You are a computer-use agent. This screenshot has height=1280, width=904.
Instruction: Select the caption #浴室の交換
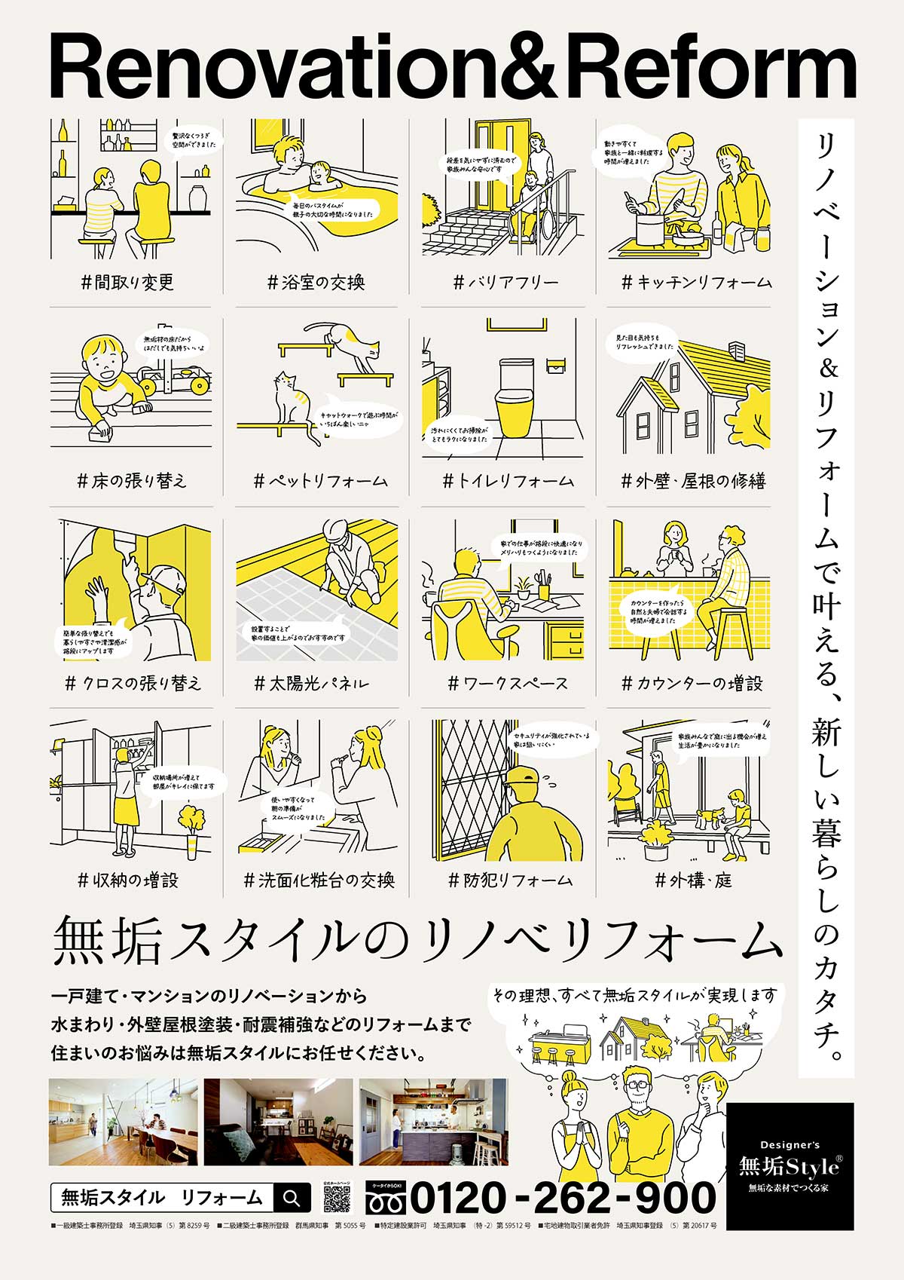[316, 283]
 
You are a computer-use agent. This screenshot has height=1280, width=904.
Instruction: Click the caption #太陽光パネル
[312, 684]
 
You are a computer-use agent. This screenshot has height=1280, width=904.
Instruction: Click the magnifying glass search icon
[292, 1197]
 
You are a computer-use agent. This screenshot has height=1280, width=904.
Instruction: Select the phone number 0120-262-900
[562, 1197]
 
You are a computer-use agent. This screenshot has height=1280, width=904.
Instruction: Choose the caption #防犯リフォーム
[510, 880]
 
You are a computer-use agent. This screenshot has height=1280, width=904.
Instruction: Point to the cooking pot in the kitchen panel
[649, 228]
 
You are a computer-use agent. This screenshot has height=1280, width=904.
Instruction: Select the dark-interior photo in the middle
[278, 1122]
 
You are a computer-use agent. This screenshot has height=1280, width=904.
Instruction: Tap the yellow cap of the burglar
[524, 776]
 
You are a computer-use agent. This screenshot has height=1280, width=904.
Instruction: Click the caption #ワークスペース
[508, 684]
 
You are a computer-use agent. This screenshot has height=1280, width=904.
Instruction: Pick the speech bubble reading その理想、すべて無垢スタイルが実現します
[634, 996]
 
